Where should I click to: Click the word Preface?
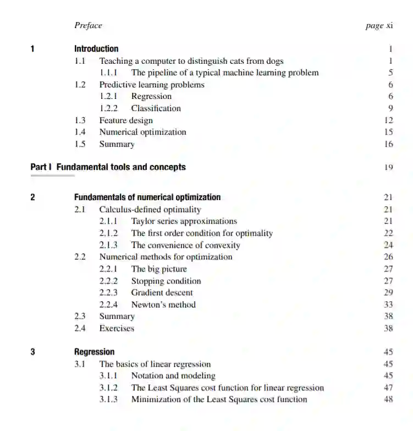click(x=88, y=25)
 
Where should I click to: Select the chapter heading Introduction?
click(x=96, y=49)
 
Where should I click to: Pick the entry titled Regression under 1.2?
click(x=151, y=97)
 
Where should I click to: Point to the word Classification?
click(x=156, y=108)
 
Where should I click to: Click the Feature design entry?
click(x=126, y=120)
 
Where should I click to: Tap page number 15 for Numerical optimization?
click(x=389, y=132)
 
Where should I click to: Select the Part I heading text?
click(x=108, y=167)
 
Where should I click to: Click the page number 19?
click(x=389, y=168)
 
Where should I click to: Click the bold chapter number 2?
click(x=33, y=197)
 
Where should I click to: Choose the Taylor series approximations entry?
click(x=184, y=222)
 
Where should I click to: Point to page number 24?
click(x=388, y=245)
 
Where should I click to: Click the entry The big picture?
click(x=159, y=269)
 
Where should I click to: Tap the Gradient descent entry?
click(x=162, y=293)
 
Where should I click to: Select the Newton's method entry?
click(x=163, y=305)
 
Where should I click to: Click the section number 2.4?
click(x=80, y=328)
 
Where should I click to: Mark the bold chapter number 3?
click(x=33, y=352)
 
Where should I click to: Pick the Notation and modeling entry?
click(x=173, y=376)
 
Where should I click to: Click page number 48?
click(x=388, y=400)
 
